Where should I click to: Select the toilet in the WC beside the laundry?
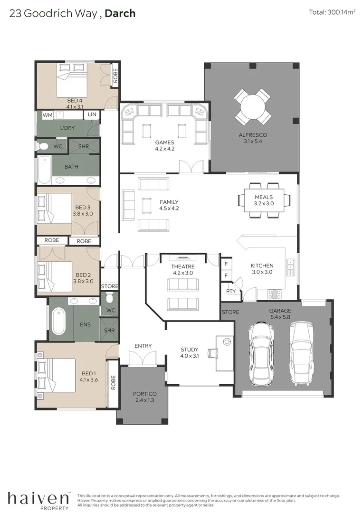pyautogui.click(x=43, y=146)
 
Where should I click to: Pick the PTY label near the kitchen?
pyautogui.click(x=231, y=291)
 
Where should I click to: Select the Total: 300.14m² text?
pyautogui.click(x=332, y=13)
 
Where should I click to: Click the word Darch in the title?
pyautogui.click(x=120, y=13)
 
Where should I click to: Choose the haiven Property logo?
pyautogui.click(x=38, y=499)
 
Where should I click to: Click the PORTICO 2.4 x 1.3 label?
pyautogui.click(x=144, y=397)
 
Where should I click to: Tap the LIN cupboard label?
pyautogui.click(x=92, y=115)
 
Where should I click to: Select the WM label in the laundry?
pyautogui.click(x=48, y=115)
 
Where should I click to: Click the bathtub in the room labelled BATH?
pyautogui.click(x=44, y=170)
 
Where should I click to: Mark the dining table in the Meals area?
pyautogui.click(x=264, y=200)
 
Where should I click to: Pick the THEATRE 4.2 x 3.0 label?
pyautogui.click(x=182, y=270)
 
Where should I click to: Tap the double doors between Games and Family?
pyautogui.click(x=194, y=167)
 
